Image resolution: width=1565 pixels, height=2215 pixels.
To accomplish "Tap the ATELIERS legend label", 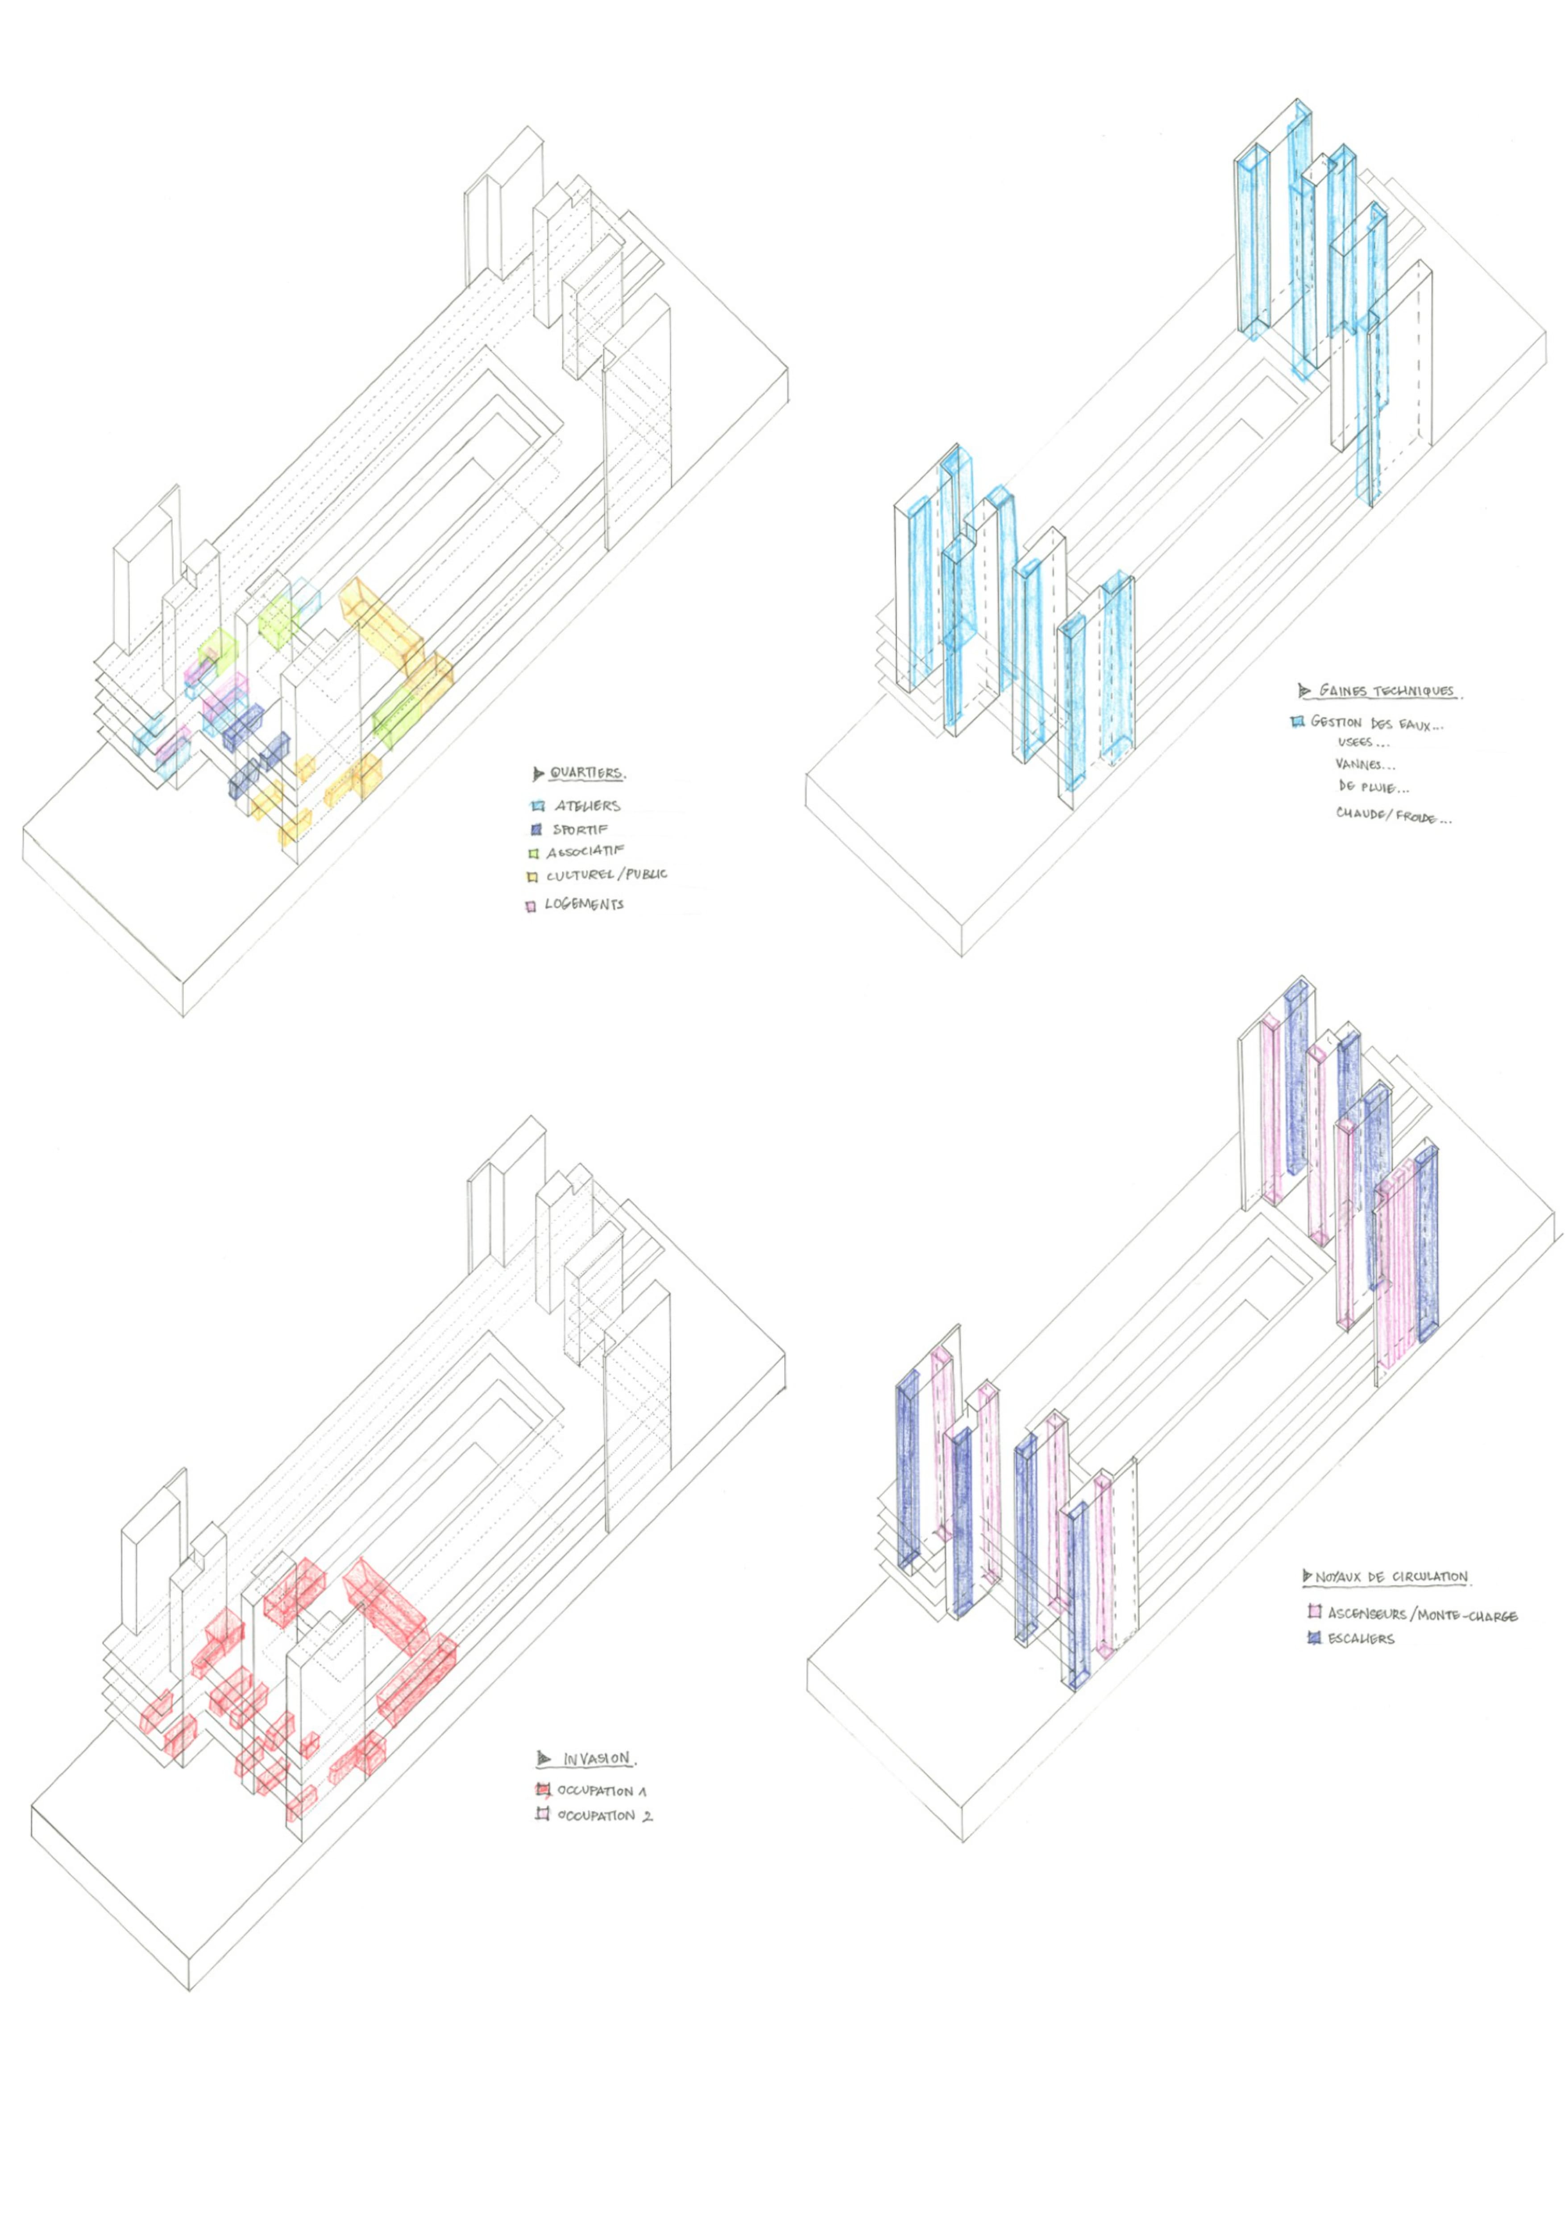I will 587,806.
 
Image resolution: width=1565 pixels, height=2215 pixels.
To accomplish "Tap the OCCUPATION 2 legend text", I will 604,1816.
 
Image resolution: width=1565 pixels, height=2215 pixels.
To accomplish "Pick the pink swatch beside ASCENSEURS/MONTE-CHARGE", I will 1313,1611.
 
